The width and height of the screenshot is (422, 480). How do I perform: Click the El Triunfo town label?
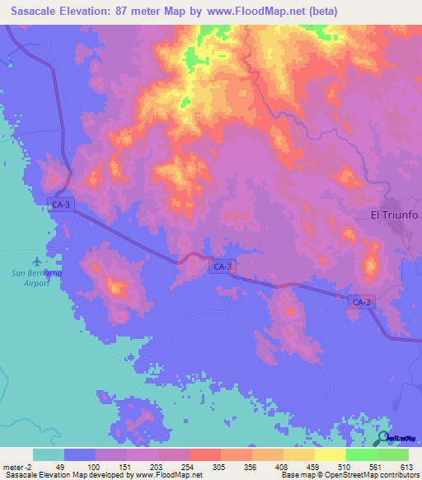pos(394,215)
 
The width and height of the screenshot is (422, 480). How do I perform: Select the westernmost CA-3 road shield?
pos(62,204)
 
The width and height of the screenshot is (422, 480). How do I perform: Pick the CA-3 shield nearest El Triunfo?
pos(360,303)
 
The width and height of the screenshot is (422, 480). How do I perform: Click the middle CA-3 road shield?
pos(223,266)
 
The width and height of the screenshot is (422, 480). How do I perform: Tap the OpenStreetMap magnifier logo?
pos(384,440)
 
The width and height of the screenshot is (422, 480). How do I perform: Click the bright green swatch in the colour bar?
pos(361,454)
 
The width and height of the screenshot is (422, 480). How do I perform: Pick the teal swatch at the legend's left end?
pos(49,454)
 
